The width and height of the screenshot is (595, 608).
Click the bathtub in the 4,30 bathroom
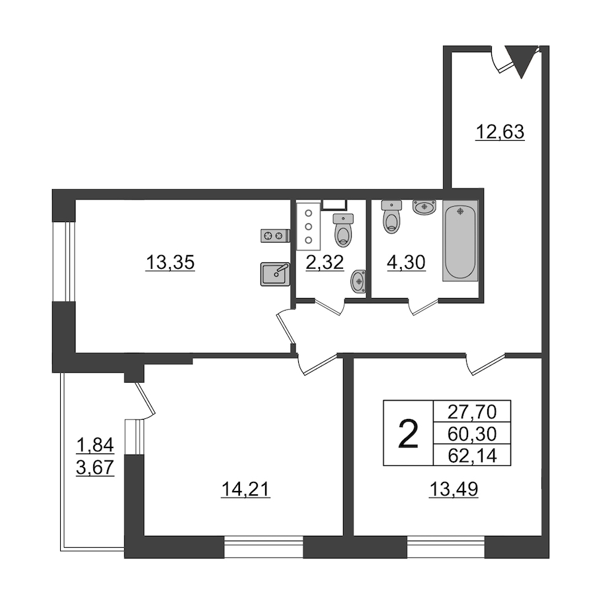(460, 241)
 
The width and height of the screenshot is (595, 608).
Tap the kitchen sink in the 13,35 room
(276, 274)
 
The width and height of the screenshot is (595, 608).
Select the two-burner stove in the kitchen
(276, 235)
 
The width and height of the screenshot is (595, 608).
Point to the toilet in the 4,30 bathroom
(392, 216)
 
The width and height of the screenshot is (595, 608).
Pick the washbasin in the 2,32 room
(358, 282)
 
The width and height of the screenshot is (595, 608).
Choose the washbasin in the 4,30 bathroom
(424, 208)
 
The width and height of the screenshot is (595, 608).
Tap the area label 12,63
(500, 132)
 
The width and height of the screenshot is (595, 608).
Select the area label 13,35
(170, 263)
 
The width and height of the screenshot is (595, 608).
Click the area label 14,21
(245, 489)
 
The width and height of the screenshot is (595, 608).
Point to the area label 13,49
(454, 489)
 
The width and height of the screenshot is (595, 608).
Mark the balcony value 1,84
(95, 445)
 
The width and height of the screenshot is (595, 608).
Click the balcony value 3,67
(95, 467)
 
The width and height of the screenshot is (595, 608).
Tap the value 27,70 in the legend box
(472, 412)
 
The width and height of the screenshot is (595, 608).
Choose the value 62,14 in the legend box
(472, 456)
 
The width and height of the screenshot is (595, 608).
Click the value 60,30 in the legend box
(472, 434)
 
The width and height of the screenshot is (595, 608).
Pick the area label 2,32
(325, 263)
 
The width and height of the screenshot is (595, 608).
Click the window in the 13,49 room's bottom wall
(446, 547)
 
